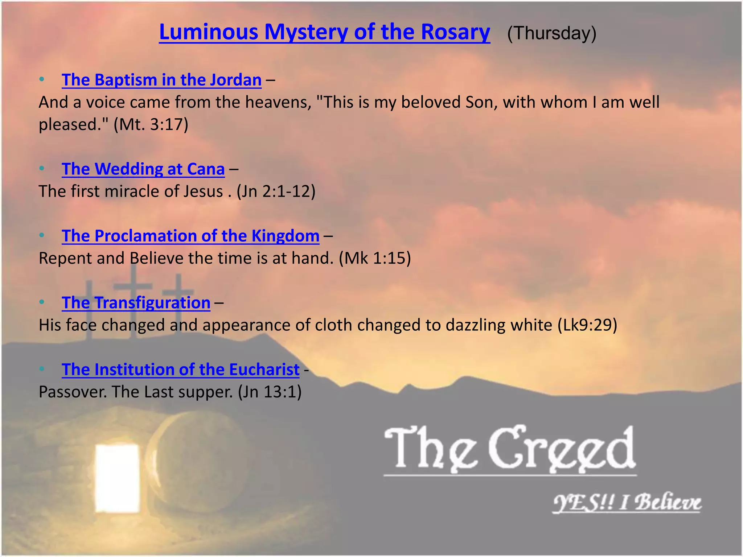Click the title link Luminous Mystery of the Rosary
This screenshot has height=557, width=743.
(x=324, y=32)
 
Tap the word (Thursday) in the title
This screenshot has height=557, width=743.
(x=551, y=33)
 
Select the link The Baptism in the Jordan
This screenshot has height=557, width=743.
(x=161, y=80)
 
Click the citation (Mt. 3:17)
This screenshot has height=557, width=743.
(x=151, y=124)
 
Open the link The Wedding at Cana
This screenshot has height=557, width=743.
(x=143, y=169)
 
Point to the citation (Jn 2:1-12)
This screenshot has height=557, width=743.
(x=276, y=191)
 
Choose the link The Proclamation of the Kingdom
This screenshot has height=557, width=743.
(x=190, y=236)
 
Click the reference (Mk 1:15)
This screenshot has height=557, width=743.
(x=375, y=258)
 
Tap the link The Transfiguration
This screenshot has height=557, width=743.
(x=136, y=302)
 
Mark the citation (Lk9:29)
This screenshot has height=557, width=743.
(x=587, y=325)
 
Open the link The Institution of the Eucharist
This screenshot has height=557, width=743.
(x=181, y=370)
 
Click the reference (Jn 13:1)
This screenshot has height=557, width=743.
(x=270, y=392)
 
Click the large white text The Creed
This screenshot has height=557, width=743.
(x=510, y=450)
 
